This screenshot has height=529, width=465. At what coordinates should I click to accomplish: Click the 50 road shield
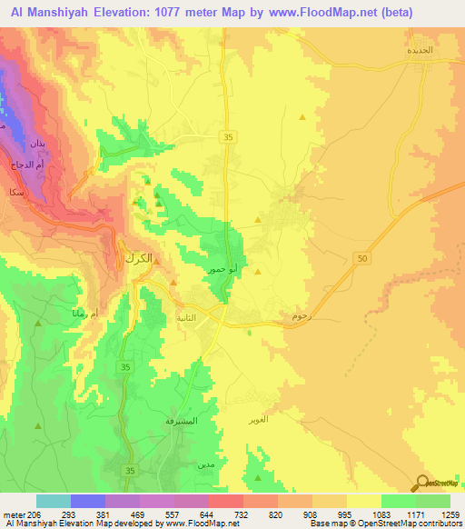[x=363, y=260]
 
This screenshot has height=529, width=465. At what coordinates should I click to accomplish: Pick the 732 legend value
[x=242, y=514]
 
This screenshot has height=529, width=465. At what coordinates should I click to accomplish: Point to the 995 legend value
[x=346, y=514]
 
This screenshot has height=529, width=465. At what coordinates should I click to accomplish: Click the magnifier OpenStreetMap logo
[x=421, y=484]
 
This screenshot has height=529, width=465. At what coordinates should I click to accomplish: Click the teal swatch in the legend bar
[x=54, y=501]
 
